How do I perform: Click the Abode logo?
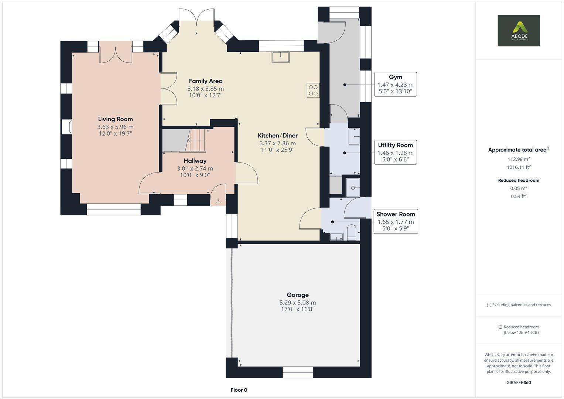pyautogui.click(x=518, y=30)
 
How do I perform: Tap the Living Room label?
pyautogui.click(x=115, y=119)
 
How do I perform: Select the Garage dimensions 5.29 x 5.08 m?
pyautogui.click(x=297, y=303)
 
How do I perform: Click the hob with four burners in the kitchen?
pyautogui.click(x=313, y=91)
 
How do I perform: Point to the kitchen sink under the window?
pyautogui.click(x=281, y=57)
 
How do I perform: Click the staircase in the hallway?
pyautogui.click(x=197, y=140)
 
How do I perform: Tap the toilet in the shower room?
pyautogui.click(x=352, y=232)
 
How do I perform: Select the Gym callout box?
pyautogui.click(x=395, y=84)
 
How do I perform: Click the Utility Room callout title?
pyautogui.click(x=395, y=145)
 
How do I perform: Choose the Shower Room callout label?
pyautogui.click(x=396, y=214)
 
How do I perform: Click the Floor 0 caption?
pyautogui.click(x=239, y=390)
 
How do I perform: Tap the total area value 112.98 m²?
pyautogui.click(x=519, y=159)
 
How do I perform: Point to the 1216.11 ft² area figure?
pyautogui.click(x=519, y=167)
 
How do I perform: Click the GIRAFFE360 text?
pyautogui.click(x=519, y=382)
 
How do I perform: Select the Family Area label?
pyautogui.click(x=205, y=81)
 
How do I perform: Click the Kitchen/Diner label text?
pyautogui.click(x=277, y=136)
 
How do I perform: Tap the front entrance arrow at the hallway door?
pyautogui.click(x=218, y=202)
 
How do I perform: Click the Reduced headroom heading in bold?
pyautogui.click(x=519, y=180)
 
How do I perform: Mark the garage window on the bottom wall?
pyautogui.click(x=298, y=372)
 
